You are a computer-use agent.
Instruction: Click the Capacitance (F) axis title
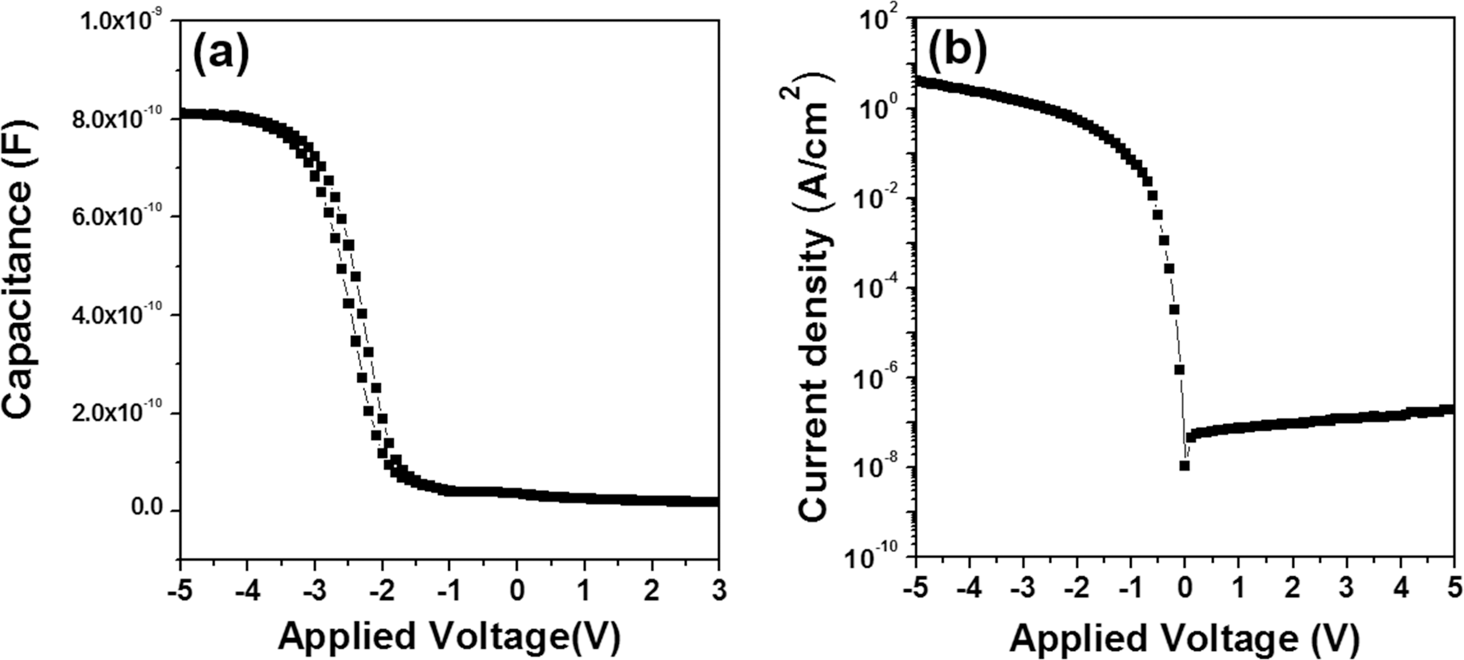22,269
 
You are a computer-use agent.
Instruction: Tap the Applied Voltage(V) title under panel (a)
448,637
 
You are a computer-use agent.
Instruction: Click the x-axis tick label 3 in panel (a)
719,591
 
